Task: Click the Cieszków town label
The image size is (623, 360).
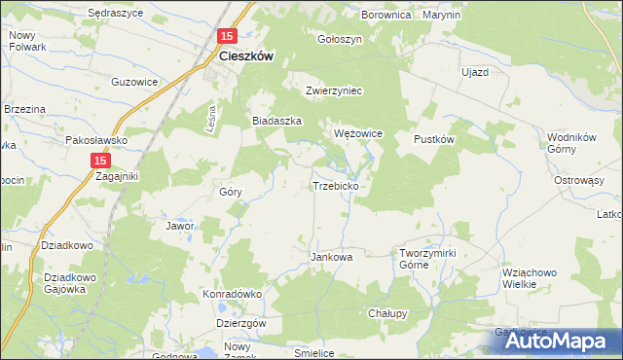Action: (x=245, y=56)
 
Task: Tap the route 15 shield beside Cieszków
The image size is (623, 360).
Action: (x=227, y=36)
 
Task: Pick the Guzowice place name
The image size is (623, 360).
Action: (x=135, y=82)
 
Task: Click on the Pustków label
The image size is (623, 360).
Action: (x=435, y=139)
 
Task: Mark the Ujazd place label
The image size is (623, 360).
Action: (x=474, y=73)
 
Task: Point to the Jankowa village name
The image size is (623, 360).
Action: (x=331, y=258)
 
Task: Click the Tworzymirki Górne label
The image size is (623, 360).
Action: (x=428, y=259)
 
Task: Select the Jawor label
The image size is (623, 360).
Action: (x=181, y=226)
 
